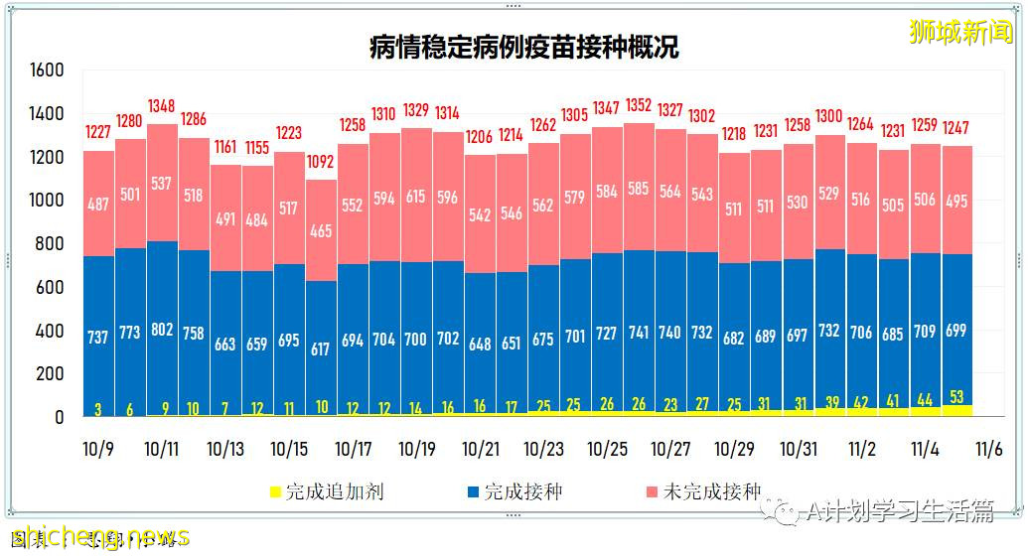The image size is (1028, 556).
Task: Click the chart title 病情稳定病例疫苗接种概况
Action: click(x=523, y=48)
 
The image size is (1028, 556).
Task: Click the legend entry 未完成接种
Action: click(x=713, y=491)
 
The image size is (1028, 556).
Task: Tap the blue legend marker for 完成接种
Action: click(x=474, y=492)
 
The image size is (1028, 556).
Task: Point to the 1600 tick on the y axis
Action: click(x=47, y=70)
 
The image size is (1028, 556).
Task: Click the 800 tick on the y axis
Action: click(x=51, y=244)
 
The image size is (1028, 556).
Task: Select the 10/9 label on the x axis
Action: click(x=98, y=450)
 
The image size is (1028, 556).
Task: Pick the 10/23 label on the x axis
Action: click(x=543, y=450)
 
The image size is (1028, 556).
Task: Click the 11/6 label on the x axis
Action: click(x=988, y=450)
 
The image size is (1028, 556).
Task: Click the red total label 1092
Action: click(x=321, y=161)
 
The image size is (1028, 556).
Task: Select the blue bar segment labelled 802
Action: click(x=162, y=328)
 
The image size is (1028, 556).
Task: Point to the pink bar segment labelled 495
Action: click(x=956, y=201)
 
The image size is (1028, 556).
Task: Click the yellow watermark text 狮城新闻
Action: click(x=960, y=32)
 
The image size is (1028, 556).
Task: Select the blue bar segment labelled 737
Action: click(x=98, y=336)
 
